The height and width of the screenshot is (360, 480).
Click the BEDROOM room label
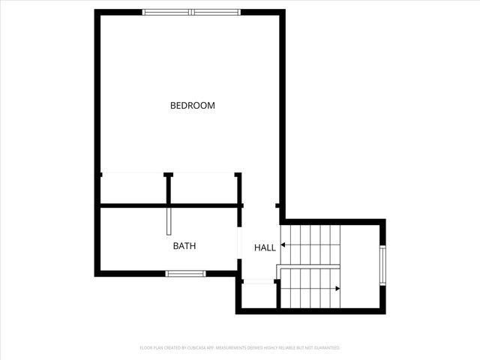pyautogui.click(x=193, y=106)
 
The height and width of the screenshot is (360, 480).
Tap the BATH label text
pyautogui.click(x=184, y=245)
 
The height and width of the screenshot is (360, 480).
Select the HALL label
pyautogui.click(x=265, y=247)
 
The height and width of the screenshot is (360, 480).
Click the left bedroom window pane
pyautogui.click(x=166, y=12)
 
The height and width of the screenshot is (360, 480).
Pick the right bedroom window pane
pyautogui.click(x=216, y=12)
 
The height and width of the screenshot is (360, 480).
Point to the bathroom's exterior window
pyautogui.click(x=185, y=274)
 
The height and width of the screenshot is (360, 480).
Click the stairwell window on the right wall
pyautogui.click(x=382, y=265)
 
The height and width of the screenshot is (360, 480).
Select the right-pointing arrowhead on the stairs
pyautogui.click(x=337, y=288)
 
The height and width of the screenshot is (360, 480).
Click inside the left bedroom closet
pyautogui.click(x=133, y=189)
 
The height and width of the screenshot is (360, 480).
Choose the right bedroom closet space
pyautogui.click(x=203, y=189)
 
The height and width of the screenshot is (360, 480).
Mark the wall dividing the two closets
pyautogui.click(x=168, y=189)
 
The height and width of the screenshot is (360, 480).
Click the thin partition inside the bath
pyautogui.click(x=169, y=221)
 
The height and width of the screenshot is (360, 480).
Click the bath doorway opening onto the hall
pyautogui.click(x=238, y=244)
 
